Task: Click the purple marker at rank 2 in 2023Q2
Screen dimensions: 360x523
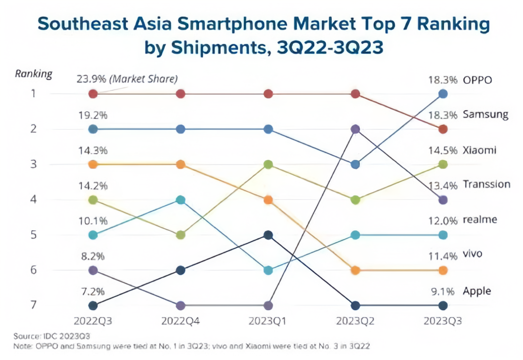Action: [x=355, y=129]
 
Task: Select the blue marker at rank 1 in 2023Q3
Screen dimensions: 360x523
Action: [x=443, y=94]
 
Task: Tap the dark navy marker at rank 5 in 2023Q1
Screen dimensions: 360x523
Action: [x=268, y=235]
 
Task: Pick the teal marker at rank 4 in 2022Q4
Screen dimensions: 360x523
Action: [x=181, y=200]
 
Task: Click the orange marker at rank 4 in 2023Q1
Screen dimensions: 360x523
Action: [x=268, y=200]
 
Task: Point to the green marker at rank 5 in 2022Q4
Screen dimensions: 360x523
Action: [x=181, y=235]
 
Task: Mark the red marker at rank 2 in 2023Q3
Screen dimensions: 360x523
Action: [x=443, y=129]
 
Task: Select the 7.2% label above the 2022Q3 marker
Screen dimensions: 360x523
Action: [x=92, y=291]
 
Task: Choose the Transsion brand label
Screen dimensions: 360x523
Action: [x=486, y=184]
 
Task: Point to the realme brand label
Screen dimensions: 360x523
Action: [x=480, y=220]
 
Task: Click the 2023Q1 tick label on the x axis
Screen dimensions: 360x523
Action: [x=268, y=321]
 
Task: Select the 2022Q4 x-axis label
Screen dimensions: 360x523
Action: [x=181, y=321]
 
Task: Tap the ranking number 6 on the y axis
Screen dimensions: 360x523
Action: [x=33, y=270]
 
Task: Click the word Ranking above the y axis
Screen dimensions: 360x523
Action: [x=33, y=74]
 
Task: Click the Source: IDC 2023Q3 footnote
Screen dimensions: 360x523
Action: [x=52, y=336]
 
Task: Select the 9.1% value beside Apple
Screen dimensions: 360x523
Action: [x=443, y=291]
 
